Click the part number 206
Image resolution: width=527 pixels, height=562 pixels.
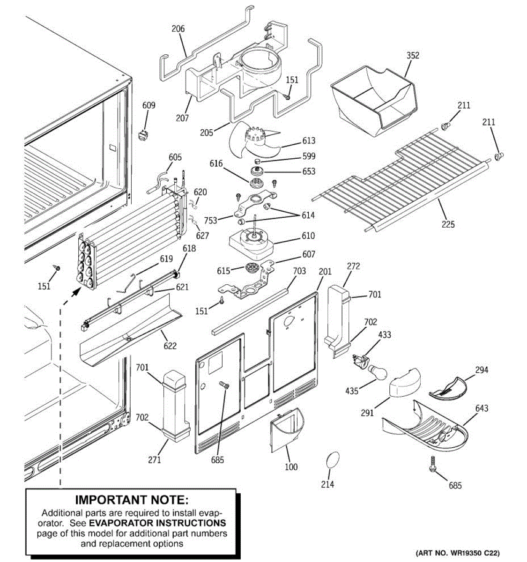pos(178,29)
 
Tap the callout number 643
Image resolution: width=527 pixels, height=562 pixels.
pos(482,408)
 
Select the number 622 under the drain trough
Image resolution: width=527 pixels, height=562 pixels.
pos(170,346)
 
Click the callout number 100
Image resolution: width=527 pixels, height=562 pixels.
pos(291,466)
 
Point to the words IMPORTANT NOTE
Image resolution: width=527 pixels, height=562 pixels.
pos(132,500)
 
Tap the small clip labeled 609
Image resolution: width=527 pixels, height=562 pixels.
pos(143,135)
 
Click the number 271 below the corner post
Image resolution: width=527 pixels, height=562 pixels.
pos(155,460)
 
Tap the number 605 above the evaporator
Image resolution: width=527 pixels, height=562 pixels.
pos(175,157)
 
